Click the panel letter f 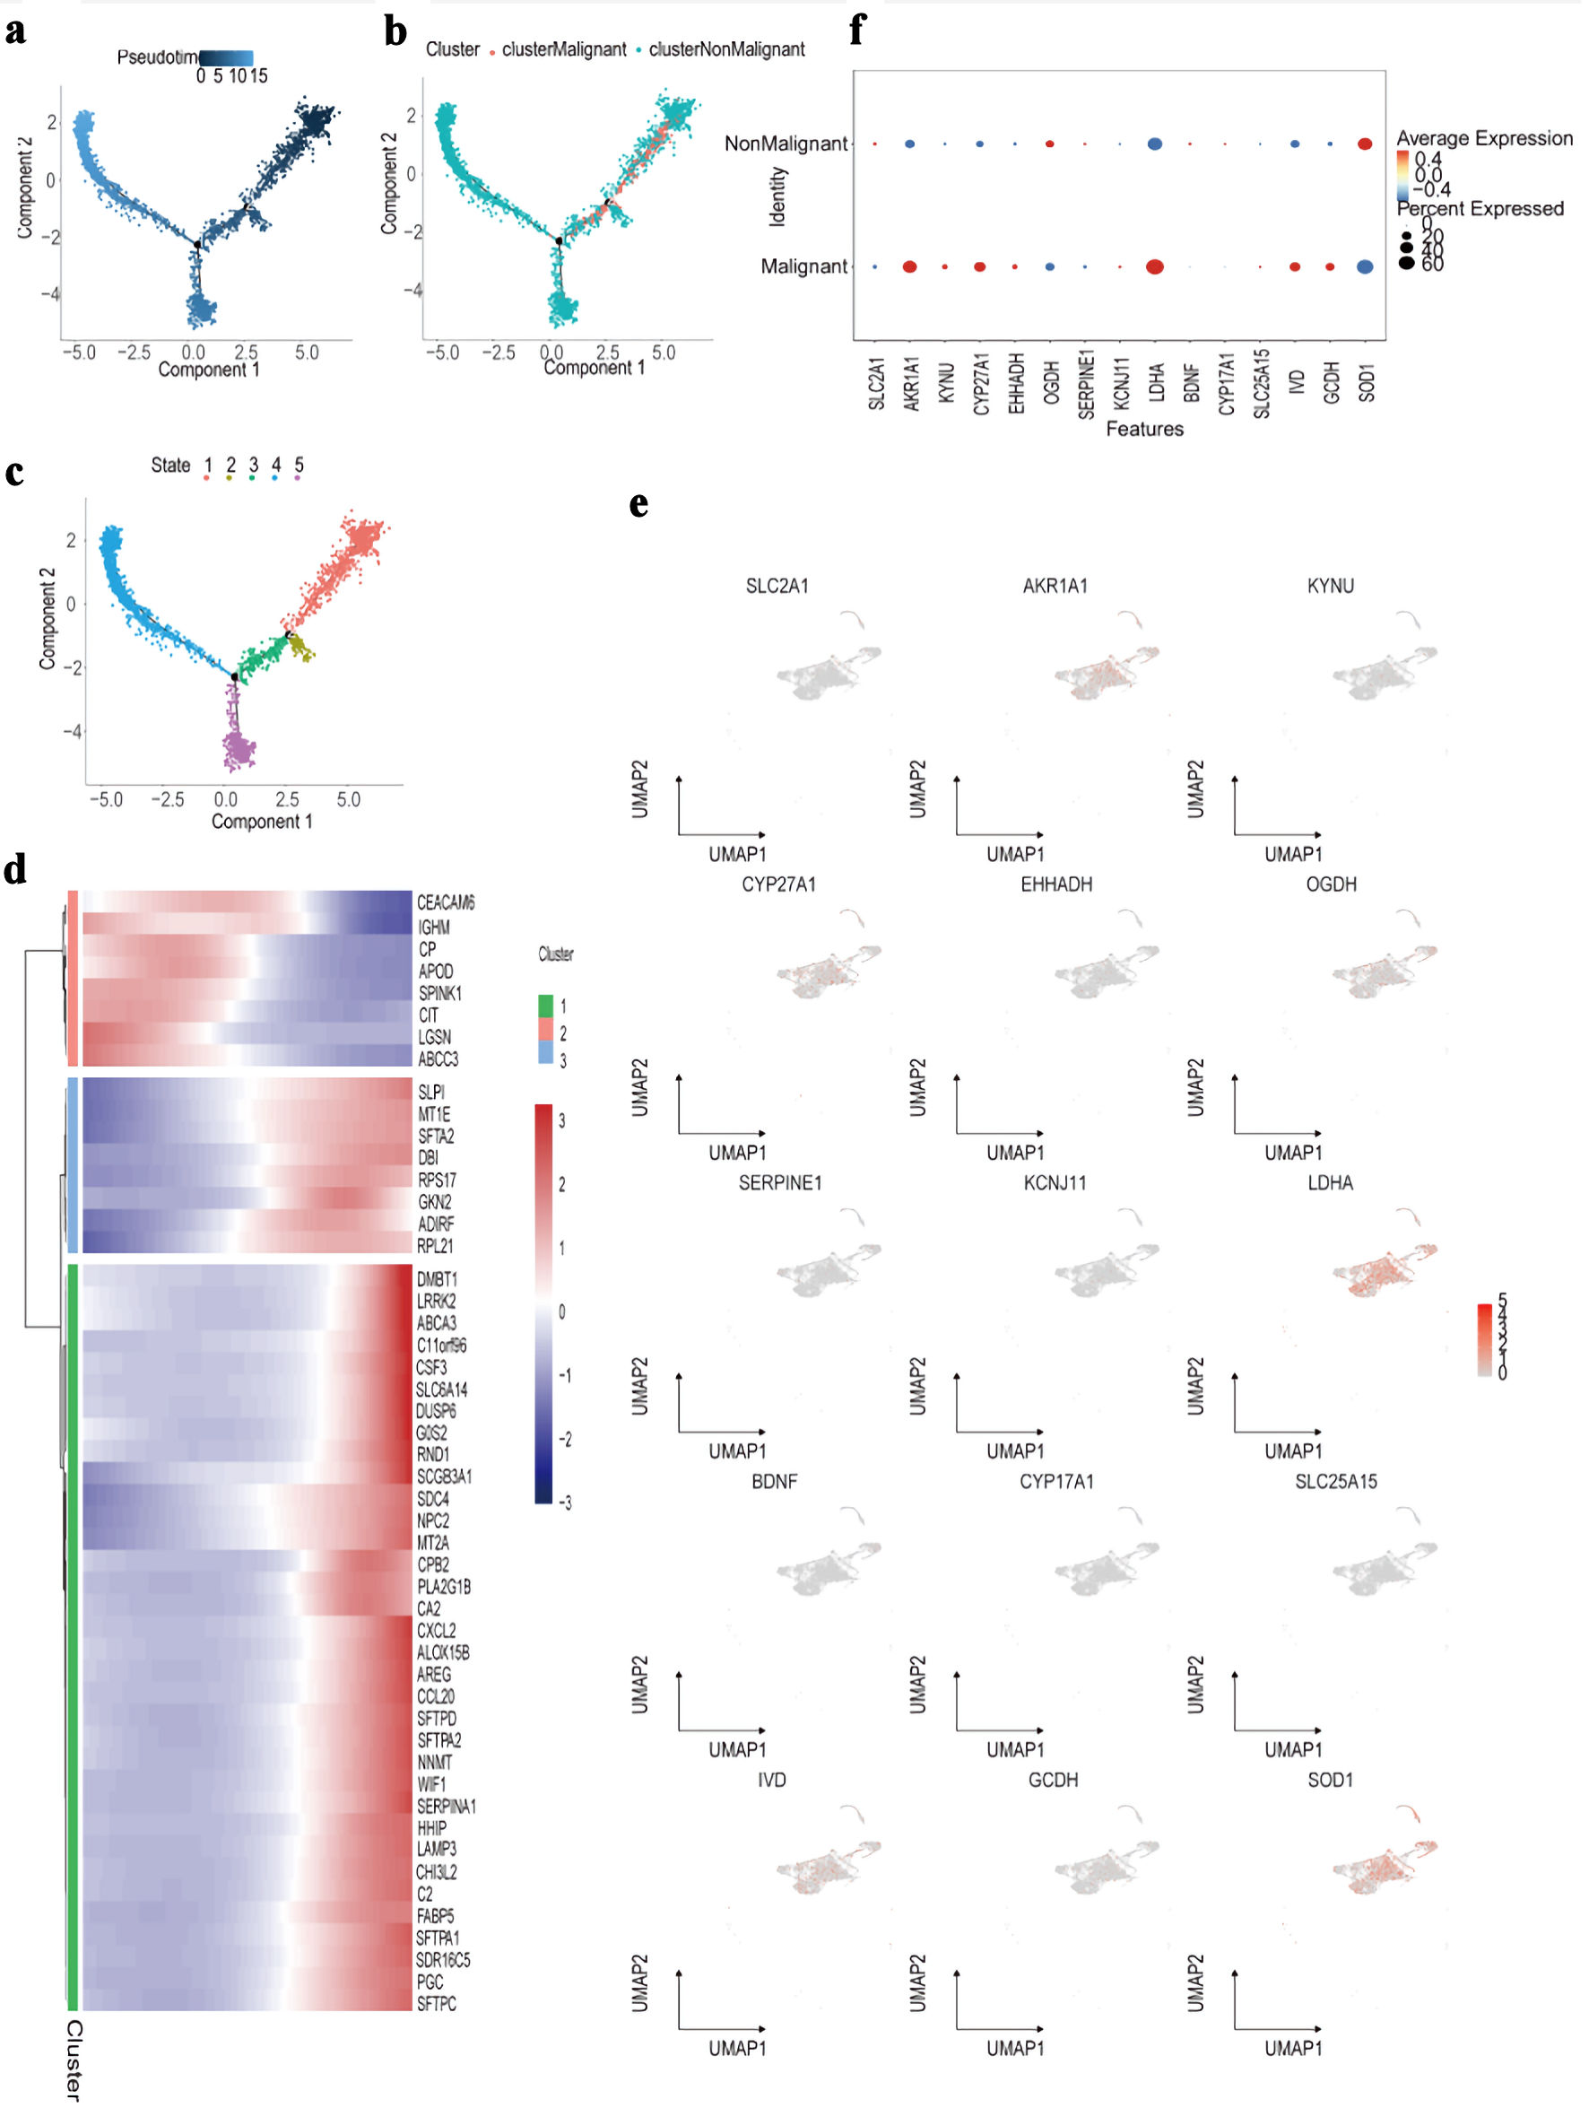[856, 30]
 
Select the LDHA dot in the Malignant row [1155, 266]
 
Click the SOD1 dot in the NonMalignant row [1364, 144]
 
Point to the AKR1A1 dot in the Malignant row [910, 266]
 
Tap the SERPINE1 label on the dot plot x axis [1085, 384]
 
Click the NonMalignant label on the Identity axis [785, 144]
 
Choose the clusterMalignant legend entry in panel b [563, 49]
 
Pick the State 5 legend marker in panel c [299, 476]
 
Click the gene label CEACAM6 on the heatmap [445, 902]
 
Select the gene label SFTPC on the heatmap [437, 2003]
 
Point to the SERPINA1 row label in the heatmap [446, 1806]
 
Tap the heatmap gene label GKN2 [434, 1202]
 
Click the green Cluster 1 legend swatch [546, 1006]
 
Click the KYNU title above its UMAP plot [1330, 586]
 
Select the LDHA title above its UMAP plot [1330, 1182]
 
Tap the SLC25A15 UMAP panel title [1335, 1481]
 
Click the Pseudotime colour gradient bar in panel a [227, 57]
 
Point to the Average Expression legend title [1484, 138]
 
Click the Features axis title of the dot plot [1144, 429]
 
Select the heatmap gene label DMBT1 [437, 1279]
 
